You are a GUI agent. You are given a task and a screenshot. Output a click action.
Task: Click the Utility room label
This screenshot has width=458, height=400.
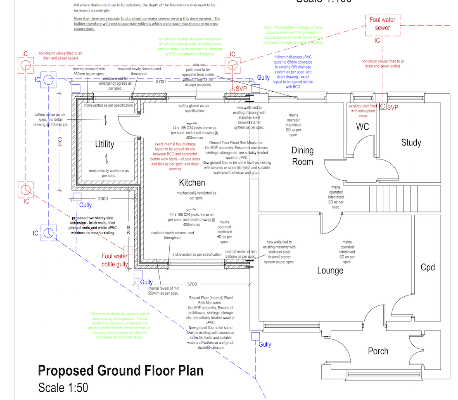104,144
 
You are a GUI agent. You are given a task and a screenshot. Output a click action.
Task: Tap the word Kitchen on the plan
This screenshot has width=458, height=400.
192,183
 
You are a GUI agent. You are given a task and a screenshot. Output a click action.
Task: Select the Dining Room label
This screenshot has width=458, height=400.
303,156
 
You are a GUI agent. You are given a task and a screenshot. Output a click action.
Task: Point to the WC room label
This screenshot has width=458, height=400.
362,127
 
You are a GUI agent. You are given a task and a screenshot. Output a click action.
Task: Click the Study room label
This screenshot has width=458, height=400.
411,143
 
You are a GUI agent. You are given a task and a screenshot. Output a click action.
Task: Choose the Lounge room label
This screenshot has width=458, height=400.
330,271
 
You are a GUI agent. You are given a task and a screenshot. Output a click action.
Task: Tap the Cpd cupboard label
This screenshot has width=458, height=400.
427,267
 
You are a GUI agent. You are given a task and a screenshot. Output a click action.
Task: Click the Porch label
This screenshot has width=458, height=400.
378,351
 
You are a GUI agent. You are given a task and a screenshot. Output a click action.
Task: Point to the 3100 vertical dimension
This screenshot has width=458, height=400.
60,142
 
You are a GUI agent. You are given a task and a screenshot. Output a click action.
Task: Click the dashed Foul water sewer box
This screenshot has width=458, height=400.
382,24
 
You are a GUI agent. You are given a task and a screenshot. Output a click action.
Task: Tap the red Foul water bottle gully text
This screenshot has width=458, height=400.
114,260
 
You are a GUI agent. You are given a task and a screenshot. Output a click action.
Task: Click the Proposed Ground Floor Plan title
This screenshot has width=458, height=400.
121,371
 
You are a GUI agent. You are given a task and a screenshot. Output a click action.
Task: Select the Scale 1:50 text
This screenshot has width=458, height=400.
63,388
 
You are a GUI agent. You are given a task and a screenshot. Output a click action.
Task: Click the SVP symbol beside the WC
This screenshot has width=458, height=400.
383,107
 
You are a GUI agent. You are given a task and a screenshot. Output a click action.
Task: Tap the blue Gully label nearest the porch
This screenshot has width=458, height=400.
265,344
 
